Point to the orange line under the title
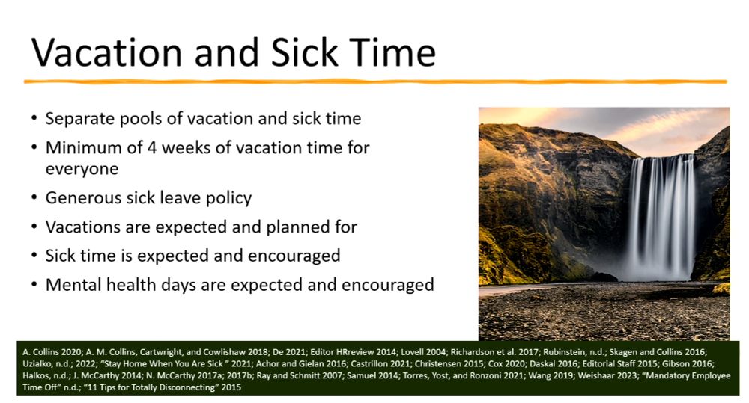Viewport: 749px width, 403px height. pyautogui.click(x=374, y=81)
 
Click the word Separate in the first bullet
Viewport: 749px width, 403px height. pyautogui.click(x=78, y=118)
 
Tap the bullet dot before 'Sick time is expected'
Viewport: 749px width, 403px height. pyautogui.click(x=34, y=256)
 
